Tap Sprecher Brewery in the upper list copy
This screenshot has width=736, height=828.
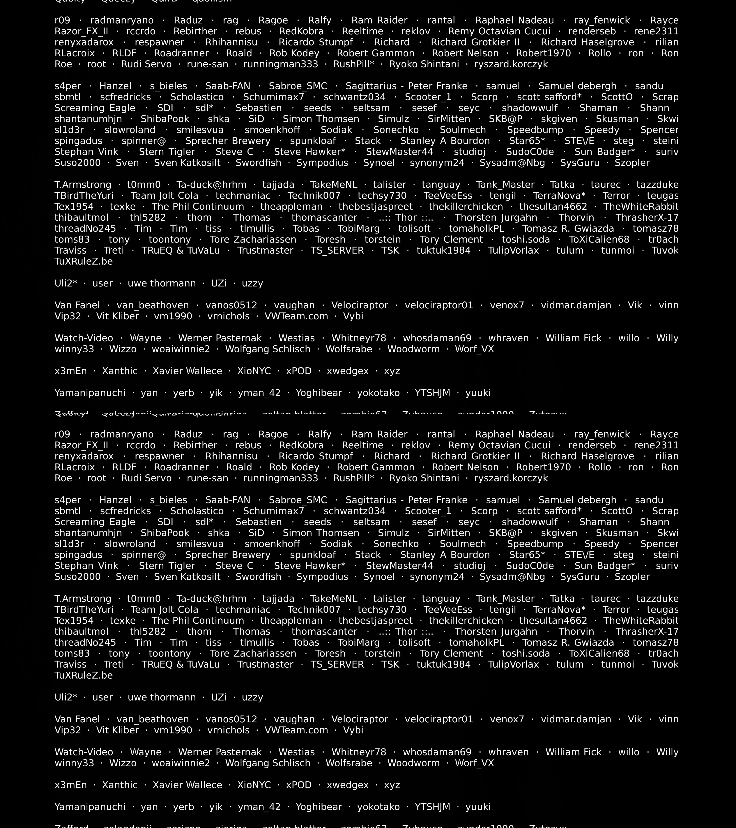(x=228, y=141)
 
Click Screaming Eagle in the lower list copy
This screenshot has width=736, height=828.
(x=95, y=522)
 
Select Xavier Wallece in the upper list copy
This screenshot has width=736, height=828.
(x=187, y=371)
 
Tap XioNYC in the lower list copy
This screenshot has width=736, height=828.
(x=254, y=785)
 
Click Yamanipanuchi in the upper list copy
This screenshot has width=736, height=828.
(x=90, y=393)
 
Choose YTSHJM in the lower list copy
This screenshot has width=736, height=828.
(x=432, y=807)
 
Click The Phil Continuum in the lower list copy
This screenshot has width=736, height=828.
(x=198, y=621)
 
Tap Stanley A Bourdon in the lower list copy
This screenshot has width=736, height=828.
(x=445, y=555)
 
